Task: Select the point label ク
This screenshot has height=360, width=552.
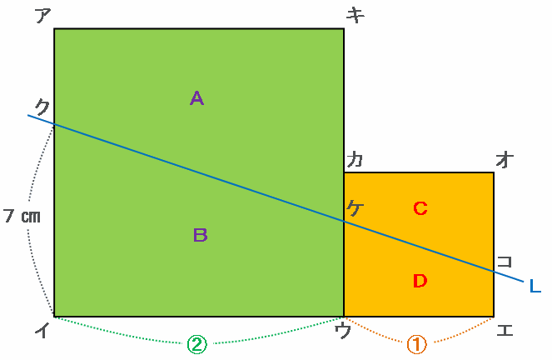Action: tap(42, 106)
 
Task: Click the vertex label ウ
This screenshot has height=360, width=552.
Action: tap(341, 331)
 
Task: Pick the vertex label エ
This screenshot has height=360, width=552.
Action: tap(504, 331)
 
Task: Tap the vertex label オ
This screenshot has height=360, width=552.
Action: tap(504, 158)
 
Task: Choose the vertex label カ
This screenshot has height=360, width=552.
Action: tap(355, 158)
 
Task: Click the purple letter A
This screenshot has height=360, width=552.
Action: tap(196, 98)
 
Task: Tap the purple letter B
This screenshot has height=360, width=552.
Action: tap(200, 235)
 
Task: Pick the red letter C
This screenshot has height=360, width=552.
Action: tap(420, 208)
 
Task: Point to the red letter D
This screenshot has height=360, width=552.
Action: tap(420, 281)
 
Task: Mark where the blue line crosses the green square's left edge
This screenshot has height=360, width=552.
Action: tap(54, 124)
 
